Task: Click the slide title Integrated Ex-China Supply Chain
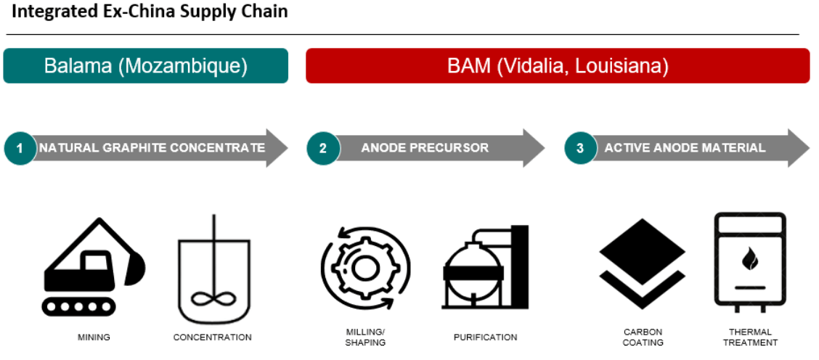point(149,12)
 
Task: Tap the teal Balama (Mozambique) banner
point(145,66)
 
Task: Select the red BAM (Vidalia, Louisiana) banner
point(558,66)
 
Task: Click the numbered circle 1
point(20,148)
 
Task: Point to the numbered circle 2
point(322,148)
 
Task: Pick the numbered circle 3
point(579,148)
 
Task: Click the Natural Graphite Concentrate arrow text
point(152,148)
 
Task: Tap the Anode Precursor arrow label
point(425,148)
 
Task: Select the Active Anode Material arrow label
point(685,148)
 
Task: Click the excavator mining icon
point(93,269)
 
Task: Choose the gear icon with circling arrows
point(365,268)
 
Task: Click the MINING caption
point(94,337)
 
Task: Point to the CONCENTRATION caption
point(213,337)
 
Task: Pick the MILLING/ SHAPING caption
point(365,337)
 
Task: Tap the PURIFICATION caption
point(485,337)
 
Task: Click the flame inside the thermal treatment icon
point(749,259)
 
